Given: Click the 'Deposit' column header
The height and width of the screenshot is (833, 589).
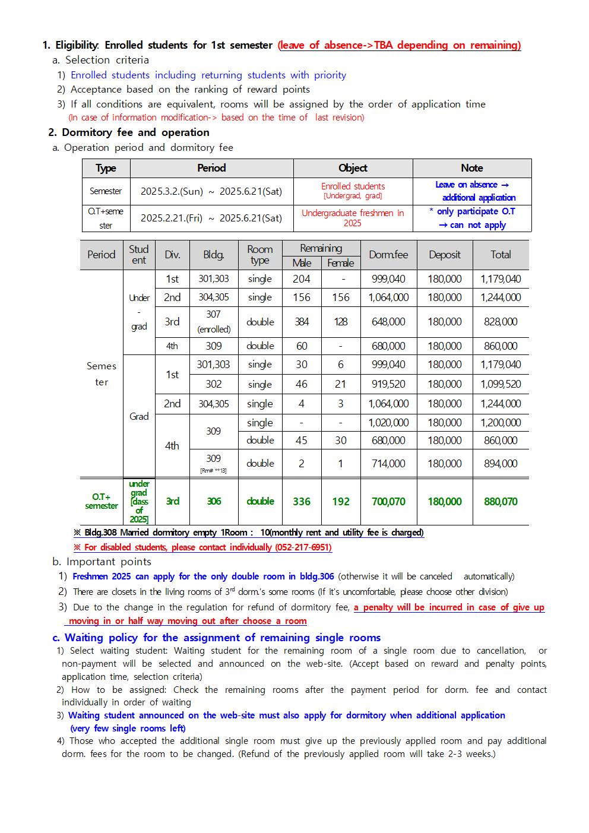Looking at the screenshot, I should [x=444, y=255].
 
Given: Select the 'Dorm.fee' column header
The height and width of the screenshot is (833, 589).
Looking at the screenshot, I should [x=388, y=255].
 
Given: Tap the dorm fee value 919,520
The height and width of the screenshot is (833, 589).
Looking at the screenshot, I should [x=388, y=384].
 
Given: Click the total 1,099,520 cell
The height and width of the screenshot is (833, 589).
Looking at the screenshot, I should [x=501, y=384].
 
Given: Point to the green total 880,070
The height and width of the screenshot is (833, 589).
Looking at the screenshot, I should [x=501, y=502].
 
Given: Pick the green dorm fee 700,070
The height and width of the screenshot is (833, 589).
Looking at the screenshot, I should [x=388, y=502].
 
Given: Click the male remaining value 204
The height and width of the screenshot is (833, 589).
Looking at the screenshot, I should [x=302, y=279].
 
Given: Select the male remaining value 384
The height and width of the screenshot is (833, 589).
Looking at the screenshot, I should [x=302, y=322].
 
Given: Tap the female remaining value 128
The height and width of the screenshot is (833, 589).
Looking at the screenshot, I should [x=340, y=322].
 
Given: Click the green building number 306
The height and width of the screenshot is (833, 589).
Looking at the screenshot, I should [x=214, y=502].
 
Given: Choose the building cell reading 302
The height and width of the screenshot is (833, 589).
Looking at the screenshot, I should [x=214, y=384].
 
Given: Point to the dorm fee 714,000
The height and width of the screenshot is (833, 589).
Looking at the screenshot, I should [x=388, y=464].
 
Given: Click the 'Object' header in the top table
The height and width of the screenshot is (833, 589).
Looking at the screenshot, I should [x=353, y=168].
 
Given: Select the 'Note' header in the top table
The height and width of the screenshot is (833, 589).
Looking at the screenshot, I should [x=472, y=168].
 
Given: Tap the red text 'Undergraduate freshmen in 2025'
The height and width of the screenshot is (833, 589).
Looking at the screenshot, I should [x=353, y=218].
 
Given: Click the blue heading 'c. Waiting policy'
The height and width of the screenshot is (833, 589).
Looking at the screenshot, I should [x=217, y=638].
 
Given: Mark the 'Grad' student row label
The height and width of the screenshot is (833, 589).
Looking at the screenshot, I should [x=139, y=416].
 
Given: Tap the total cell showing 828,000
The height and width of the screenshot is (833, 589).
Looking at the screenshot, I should [x=501, y=322].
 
